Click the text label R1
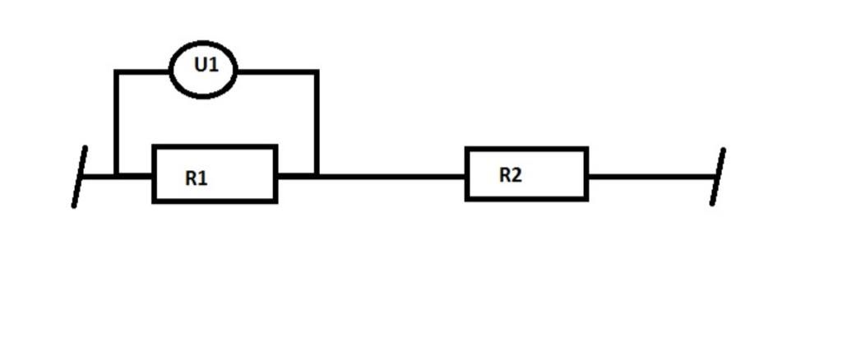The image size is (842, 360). coord(197,178)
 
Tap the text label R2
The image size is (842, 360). coord(511,175)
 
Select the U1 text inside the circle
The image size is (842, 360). coord(206,64)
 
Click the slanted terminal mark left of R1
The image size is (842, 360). coord(79,177)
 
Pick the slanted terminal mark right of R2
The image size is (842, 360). coord(717,177)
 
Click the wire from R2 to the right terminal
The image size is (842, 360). coord(650,176)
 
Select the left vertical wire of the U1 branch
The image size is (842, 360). coord(118,123)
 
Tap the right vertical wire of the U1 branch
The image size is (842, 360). coord(317,123)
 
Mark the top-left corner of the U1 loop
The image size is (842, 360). coord(118,72)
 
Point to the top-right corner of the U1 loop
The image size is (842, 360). coord(317,72)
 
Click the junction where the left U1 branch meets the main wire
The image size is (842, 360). coord(118,175)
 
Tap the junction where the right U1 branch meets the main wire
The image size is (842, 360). coord(317,175)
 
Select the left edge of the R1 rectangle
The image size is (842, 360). coord(154,174)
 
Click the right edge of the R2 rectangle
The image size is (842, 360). coord(586,174)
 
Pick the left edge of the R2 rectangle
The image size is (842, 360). coord(467,174)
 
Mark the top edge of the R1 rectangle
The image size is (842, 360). coord(215,148)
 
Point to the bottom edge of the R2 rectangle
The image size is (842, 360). coord(527,198)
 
